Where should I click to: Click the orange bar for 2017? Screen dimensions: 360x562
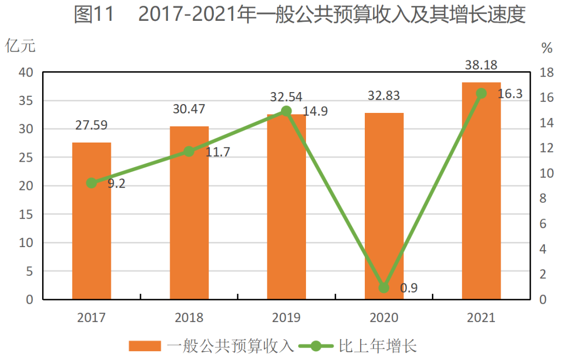click(x=92, y=221)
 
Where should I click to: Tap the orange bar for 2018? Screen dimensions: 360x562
click(x=189, y=213)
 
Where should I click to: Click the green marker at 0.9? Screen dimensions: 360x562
click(x=384, y=288)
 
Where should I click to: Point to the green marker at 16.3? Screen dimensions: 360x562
click(x=481, y=94)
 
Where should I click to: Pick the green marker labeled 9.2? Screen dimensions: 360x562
click(x=92, y=183)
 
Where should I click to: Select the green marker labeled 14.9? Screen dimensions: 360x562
click(x=286, y=111)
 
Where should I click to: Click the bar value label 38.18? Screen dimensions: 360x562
click(x=481, y=65)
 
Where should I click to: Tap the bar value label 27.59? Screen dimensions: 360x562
click(x=92, y=125)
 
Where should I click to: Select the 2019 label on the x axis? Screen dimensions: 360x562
click(x=286, y=317)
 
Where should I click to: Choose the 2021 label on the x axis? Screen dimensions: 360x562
click(x=481, y=317)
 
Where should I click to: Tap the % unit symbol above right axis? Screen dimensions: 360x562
click(x=546, y=48)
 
